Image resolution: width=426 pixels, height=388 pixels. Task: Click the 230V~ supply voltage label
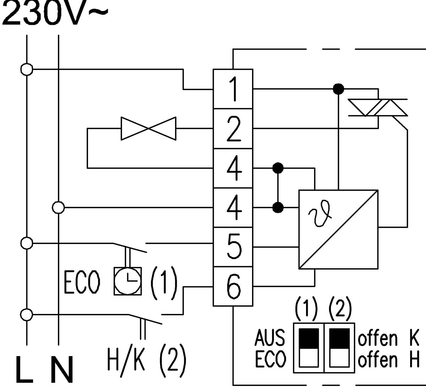click(x=53, y=13)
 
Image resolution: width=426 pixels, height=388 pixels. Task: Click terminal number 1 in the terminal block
click(x=233, y=89)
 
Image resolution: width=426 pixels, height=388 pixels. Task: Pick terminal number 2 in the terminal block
click(x=233, y=129)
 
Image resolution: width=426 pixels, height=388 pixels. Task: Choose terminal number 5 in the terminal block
click(x=233, y=247)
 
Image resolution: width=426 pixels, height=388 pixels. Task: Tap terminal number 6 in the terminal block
click(x=233, y=286)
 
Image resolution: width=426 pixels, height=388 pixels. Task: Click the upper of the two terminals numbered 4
click(x=233, y=168)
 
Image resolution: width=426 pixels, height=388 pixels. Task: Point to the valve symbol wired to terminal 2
click(x=148, y=128)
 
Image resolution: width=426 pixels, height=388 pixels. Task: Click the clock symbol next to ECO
click(x=127, y=281)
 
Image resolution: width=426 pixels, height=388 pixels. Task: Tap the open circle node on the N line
click(x=58, y=207)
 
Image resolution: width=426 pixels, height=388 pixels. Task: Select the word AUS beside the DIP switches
click(x=270, y=337)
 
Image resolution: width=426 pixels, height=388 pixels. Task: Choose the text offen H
click(x=389, y=360)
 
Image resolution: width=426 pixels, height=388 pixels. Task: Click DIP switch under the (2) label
click(x=339, y=348)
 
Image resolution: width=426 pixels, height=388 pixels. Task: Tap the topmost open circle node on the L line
click(x=27, y=69)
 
